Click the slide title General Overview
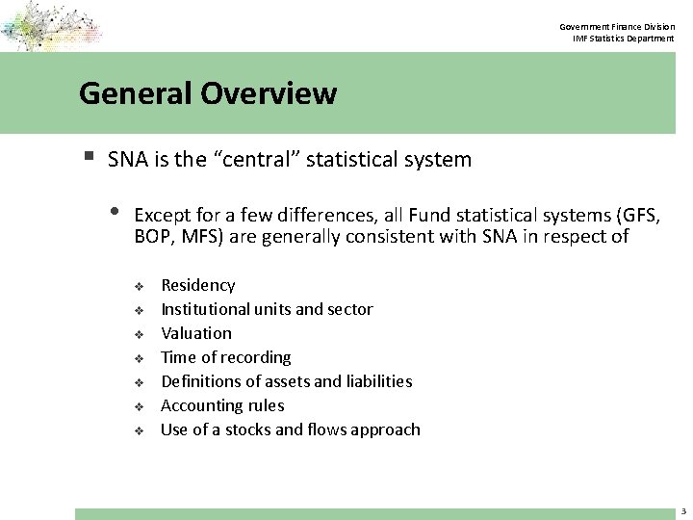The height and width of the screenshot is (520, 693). point(208,93)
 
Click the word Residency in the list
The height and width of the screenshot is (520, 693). point(197,285)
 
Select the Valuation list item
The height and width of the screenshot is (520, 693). point(196,333)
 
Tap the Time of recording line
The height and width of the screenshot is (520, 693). point(225,357)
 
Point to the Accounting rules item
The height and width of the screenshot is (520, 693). point(222,405)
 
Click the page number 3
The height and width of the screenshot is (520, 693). point(682,512)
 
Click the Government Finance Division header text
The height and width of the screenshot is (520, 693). point(619,26)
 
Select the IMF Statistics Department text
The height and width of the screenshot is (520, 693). point(624,38)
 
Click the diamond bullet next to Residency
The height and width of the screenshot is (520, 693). point(139,286)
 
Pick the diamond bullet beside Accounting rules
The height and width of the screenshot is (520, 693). point(139,406)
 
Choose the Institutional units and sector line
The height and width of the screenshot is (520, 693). point(267,309)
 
